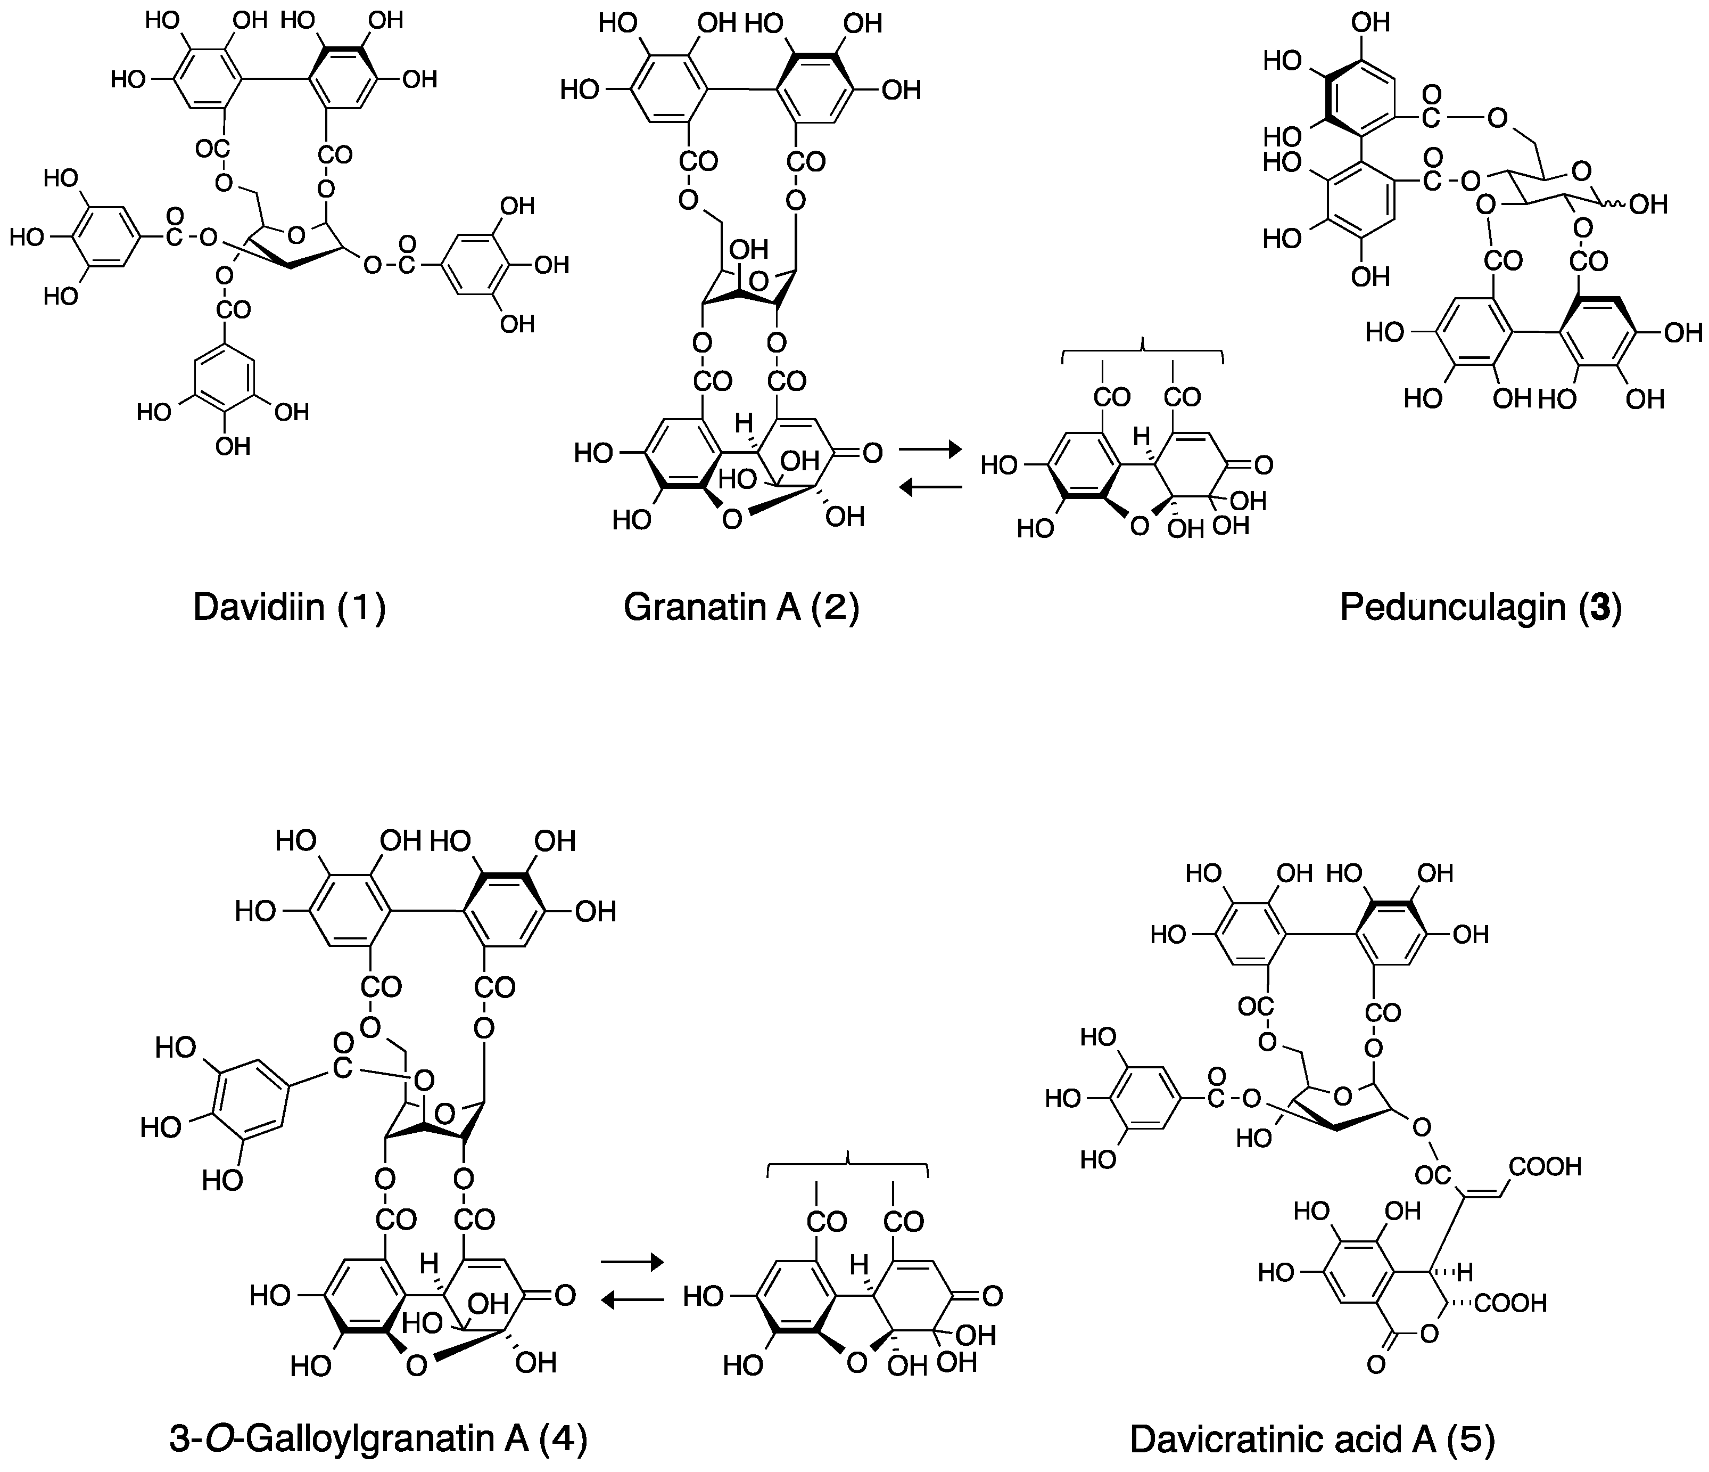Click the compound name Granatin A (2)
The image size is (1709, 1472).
(741, 608)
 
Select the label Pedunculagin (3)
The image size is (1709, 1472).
(1481, 608)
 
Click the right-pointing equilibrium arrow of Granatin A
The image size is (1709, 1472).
(930, 449)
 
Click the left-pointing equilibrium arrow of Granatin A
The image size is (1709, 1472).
(930, 488)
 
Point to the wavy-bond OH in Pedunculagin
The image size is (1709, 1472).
(1648, 205)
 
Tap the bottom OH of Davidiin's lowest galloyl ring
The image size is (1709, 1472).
(233, 447)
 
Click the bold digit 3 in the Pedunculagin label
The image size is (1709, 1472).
(1599, 608)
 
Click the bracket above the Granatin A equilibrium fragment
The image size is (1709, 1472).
(1142, 350)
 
